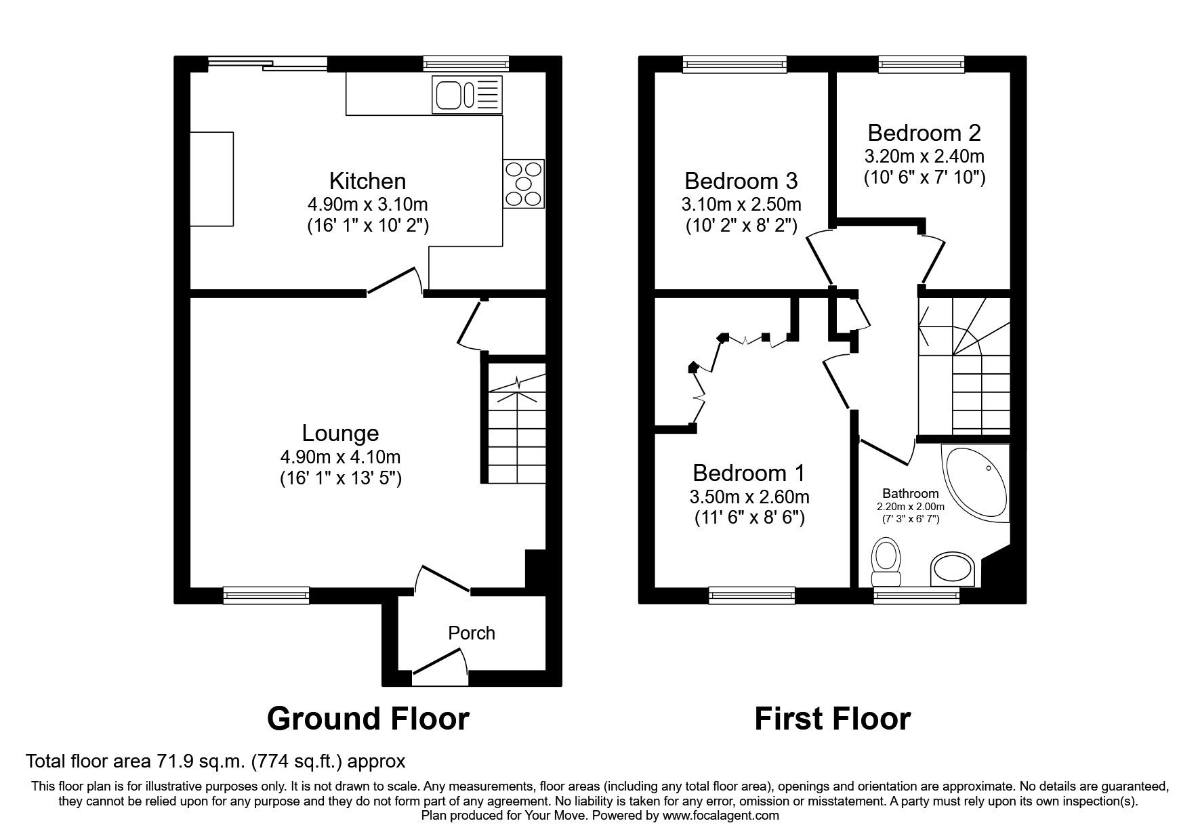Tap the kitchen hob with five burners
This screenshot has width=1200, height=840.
[524, 184]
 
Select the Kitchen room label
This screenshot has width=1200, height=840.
[367, 181]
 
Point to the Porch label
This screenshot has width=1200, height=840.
[472, 633]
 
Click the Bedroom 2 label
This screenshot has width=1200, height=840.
[924, 132]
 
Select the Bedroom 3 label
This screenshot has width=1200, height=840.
[741, 181]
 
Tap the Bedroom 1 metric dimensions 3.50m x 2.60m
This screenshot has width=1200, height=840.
[749, 497]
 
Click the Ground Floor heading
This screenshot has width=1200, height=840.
[368, 718]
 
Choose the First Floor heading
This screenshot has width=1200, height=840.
[832, 718]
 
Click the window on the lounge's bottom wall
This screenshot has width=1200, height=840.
[266, 595]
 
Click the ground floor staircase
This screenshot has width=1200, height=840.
[517, 427]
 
